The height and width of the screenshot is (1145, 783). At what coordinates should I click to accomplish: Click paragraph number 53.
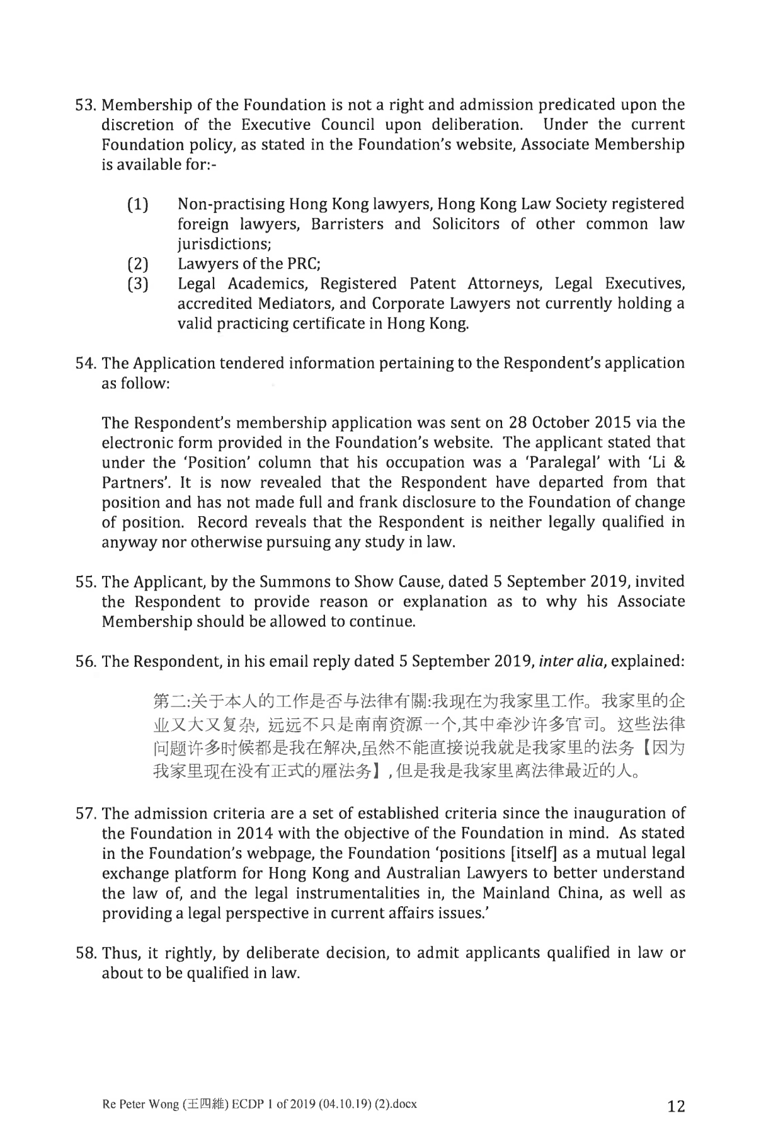85,105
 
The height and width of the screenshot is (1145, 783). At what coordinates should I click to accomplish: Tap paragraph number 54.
85,363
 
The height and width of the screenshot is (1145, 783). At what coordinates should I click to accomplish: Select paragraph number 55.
85,581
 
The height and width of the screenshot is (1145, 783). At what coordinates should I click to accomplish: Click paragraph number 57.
85,813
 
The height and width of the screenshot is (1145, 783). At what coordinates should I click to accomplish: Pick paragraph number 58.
85,952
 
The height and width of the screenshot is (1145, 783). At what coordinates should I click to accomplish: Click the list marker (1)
138,205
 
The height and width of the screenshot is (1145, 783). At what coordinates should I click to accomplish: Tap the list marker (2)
138,264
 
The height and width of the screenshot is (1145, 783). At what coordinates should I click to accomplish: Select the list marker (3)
138,284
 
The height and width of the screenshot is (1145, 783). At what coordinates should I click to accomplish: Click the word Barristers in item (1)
346,224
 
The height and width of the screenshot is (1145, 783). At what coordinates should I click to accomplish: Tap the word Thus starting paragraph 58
119,952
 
